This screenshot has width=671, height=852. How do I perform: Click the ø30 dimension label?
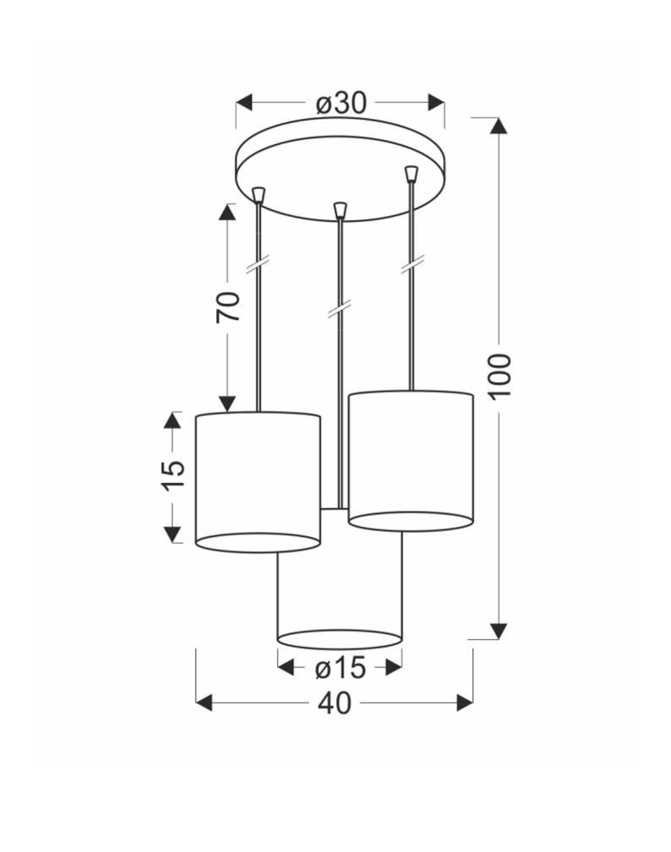pyautogui.click(x=341, y=103)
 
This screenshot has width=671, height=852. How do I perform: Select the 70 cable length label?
pyautogui.click(x=227, y=307)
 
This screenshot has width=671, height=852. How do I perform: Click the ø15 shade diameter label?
pyautogui.click(x=340, y=669)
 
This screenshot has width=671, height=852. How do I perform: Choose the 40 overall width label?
pyautogui.click(x=334, y=703)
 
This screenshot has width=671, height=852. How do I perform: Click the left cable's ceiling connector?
pyautogui.click(x=259, y=195)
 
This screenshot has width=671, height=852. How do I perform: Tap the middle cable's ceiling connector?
pyautogui.click(x=340, y=210)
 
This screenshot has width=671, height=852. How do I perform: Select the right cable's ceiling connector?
pyautogui.click(x=410, y=173)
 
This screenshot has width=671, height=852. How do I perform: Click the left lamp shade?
pyautogui.click(x=257, y=477)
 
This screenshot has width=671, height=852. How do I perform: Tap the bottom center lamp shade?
pyautogui.click(x=340, y=596)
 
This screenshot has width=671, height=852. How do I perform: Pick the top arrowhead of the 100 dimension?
pyautogui.click(x=499, y=126)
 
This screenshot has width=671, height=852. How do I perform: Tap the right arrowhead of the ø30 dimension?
pyautogui.click(x=436, y=103)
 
